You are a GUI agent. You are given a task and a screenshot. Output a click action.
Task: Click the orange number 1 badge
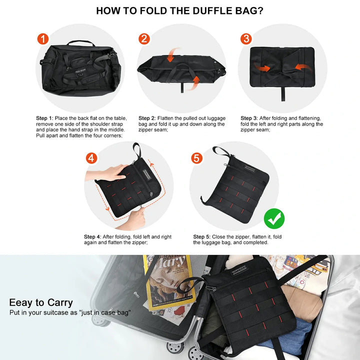43,39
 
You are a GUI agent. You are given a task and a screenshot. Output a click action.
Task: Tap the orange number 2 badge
144,39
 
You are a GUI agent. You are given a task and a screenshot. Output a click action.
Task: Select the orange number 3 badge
246,39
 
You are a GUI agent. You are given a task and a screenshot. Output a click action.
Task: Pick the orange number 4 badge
91,158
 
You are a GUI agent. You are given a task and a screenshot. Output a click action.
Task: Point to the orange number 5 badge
197,158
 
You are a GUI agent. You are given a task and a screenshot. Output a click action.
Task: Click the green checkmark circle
274,218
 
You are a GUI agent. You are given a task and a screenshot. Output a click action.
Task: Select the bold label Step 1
44,118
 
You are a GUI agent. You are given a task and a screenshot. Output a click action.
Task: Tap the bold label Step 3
249,118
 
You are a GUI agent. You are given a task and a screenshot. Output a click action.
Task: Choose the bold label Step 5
202,236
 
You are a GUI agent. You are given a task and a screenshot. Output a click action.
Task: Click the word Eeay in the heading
20,302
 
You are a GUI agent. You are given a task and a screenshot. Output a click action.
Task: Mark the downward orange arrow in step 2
172,54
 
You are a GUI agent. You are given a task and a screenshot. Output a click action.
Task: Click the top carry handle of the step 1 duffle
81,43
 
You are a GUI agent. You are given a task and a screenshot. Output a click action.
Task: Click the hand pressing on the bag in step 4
107,172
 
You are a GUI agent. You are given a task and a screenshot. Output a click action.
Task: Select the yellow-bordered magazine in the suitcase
170,282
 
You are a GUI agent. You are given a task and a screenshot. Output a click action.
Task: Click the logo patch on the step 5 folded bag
249,169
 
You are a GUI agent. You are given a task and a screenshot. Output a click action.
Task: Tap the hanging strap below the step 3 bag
283,94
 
